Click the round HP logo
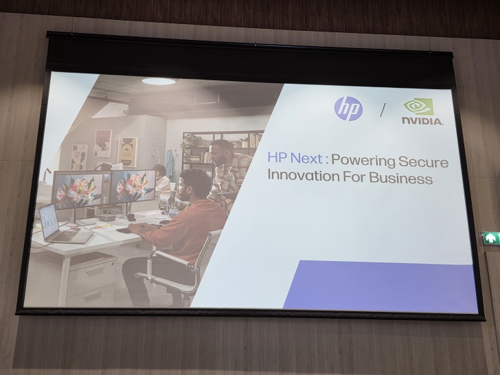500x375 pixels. point(348,109)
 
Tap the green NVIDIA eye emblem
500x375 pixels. point(418,106)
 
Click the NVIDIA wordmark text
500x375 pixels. point(422,122)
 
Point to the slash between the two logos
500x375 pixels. point(383,109)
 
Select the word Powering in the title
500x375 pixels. point(364,161)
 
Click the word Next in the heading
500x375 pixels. point(306,160)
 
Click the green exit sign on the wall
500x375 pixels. point(490,238)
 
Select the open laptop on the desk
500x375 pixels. point(61,227)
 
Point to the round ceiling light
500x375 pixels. point(159,81)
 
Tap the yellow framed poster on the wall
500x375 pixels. point(127,151)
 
